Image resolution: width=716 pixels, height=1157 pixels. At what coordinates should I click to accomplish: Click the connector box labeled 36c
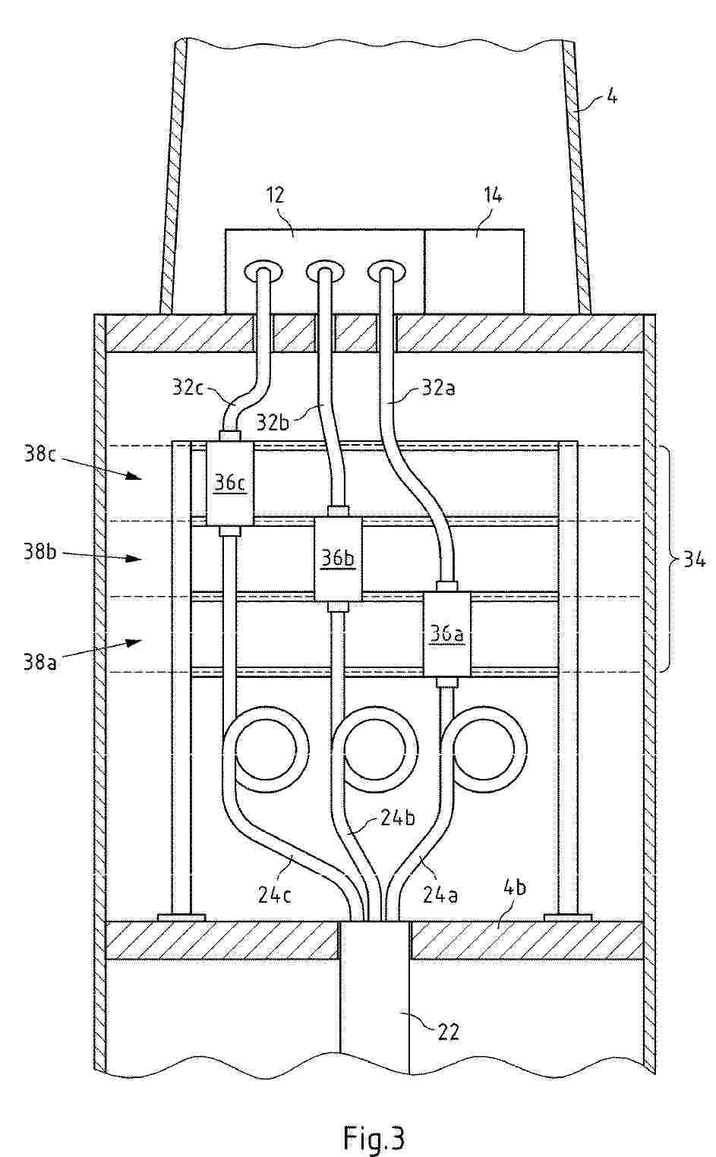coord(230,484)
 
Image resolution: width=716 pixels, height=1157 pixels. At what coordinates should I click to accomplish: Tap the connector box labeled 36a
coord(447,634)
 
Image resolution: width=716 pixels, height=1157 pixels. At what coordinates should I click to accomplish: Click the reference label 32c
coord(188,387)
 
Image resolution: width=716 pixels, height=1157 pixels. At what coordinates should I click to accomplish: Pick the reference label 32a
coord(439,387)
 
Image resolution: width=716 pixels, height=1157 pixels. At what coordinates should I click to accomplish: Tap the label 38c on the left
coord(39,455)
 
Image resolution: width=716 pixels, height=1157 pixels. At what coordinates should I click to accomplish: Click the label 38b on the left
coord(39,553)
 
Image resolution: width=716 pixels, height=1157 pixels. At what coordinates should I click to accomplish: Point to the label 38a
coord(39,661)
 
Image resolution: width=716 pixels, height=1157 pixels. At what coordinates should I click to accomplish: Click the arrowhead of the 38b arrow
coord(135,558)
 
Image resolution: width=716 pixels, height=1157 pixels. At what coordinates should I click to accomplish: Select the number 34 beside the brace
coord(694,560)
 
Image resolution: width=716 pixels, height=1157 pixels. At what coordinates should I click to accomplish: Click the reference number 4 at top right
coord(611,96)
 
